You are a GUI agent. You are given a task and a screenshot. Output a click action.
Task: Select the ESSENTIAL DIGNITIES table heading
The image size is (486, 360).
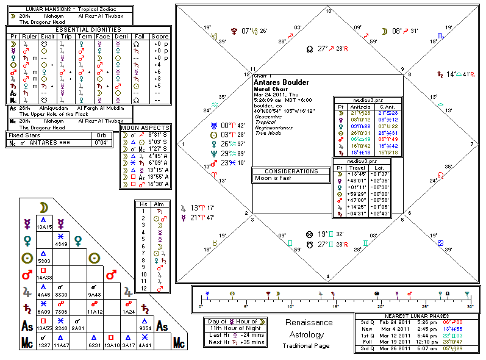click(88, 29)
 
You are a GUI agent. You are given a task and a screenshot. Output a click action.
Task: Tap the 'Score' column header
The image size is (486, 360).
click(160, 37)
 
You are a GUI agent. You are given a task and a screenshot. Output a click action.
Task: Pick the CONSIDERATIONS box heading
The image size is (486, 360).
click(291, 171)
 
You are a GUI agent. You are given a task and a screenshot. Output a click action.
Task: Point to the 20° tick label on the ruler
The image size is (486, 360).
click(379, 306)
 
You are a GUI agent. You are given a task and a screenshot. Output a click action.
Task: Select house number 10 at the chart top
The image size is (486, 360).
click(329, 12)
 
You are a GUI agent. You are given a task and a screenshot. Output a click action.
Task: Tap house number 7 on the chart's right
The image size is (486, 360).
click(472, 145)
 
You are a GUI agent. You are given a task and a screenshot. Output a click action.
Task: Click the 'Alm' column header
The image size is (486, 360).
click(159, 203)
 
